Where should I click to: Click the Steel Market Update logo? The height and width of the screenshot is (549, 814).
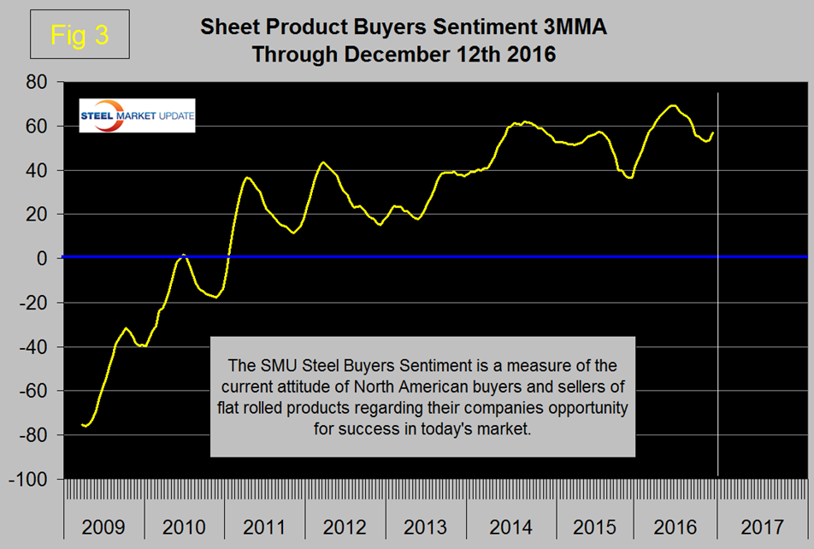[x=137, y=115]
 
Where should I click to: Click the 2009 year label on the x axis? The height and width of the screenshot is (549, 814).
[x=103, y=525]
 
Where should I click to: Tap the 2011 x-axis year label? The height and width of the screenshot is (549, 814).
[x=265, y=525]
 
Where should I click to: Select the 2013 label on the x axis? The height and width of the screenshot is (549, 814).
[x=426, y=525]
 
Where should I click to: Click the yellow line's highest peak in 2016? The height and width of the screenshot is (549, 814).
[x=673, y=105]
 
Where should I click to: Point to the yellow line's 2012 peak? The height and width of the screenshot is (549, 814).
[x=323, y=162]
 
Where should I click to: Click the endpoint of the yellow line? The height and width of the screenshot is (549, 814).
[x=713, y=132]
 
